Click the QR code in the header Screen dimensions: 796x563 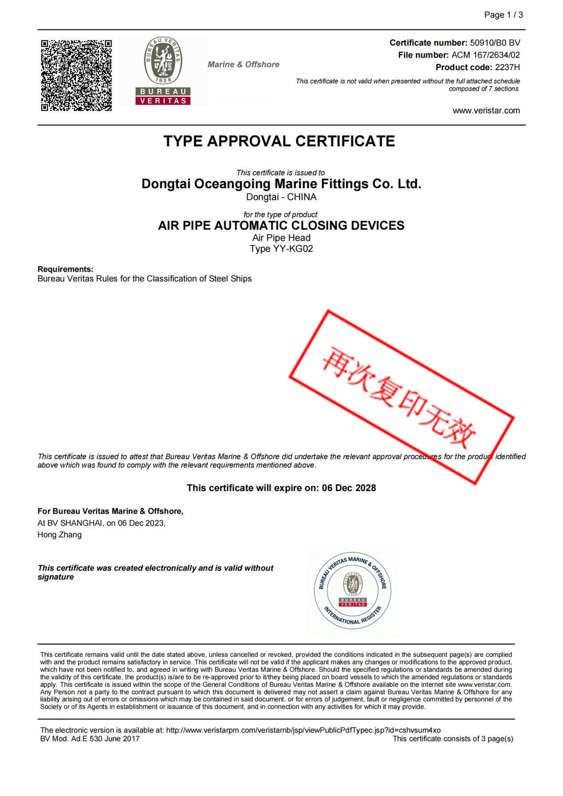coord(76,75)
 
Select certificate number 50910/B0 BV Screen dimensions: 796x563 coord(495,43)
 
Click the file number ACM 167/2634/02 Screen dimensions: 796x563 coord(485,55)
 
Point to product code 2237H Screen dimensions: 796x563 coord(507,67)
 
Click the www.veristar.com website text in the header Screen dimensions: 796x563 coord(486,111)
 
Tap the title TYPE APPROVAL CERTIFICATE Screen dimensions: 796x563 coord(279,141)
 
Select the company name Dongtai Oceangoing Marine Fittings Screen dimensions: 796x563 coord(281,184)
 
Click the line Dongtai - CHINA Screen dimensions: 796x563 coord(281,197)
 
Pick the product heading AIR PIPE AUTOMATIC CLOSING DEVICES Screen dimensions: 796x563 coord(281,226)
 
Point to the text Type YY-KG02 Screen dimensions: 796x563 coord(281,249)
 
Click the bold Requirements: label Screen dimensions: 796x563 coord(65,269)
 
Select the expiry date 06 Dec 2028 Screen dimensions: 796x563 coord(349,488)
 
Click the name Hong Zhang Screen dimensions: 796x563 coord(60,535)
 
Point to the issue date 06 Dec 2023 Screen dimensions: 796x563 coord(141,523)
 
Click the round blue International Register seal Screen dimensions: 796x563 coord(352,591)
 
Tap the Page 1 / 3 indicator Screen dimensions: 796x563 coord(503,15)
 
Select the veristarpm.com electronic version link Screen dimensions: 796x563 coord(303,730)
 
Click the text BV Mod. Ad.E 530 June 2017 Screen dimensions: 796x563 coord(90,739)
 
